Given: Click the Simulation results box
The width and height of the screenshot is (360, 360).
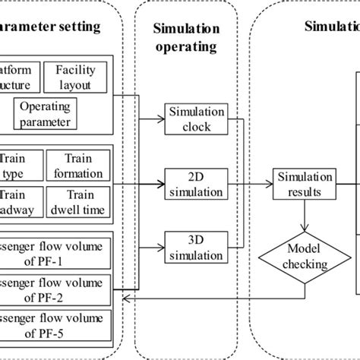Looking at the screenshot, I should (304, 183).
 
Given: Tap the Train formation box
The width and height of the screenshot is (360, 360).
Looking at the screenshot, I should (80, 163).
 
